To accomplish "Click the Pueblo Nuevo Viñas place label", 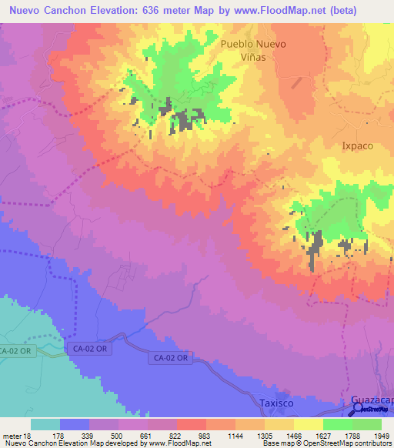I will click(253, 51).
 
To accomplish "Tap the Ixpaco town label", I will click(357, 145).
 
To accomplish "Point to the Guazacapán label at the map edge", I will click(372, 401).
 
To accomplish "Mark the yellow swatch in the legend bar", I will click(308, 424).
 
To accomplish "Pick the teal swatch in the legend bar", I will click(45, 424).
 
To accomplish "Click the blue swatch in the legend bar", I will click(74, 424).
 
